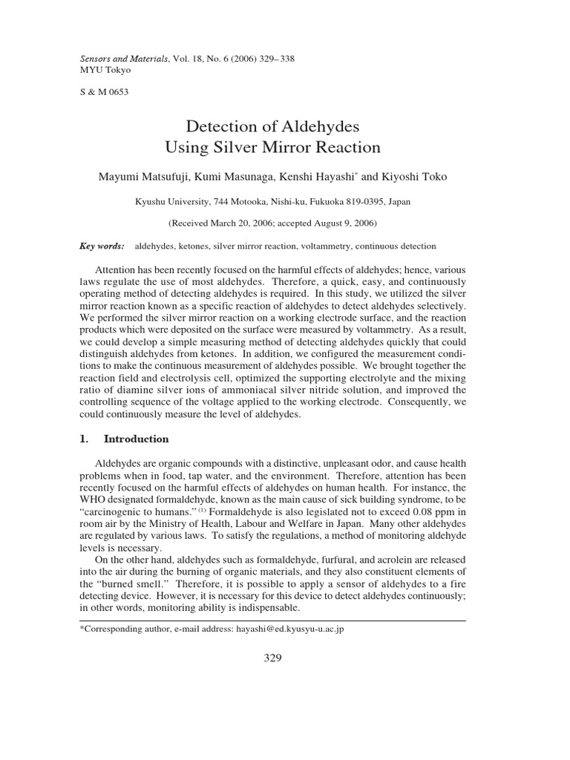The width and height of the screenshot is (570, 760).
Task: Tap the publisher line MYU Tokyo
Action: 105,70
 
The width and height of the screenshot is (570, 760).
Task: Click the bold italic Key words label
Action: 102,246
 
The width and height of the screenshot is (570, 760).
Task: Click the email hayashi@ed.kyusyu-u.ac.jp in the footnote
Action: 284,629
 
